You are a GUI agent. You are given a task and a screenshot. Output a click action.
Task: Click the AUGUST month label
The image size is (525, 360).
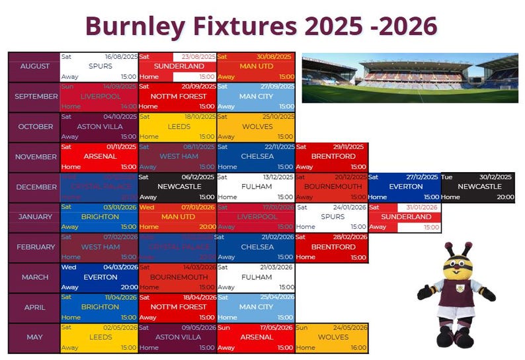click(x=34, y=66)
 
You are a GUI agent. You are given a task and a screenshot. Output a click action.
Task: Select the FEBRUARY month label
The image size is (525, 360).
click(x=34, y=247)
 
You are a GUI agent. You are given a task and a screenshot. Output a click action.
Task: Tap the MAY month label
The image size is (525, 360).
click(x=34, y=337)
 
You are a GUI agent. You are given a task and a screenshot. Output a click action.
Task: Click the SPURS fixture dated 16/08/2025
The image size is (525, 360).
click(x=99, y=66)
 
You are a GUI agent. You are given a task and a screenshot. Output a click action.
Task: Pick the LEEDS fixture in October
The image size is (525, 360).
click(x=178, y=126)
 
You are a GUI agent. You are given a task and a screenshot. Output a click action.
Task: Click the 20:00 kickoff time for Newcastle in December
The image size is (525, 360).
click(x=505, y=197)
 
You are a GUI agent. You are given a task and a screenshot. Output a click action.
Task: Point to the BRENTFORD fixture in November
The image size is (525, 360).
click(x=332, y=156)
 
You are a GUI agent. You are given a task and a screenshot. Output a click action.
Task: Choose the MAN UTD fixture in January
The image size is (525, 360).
click(x=178, y=216)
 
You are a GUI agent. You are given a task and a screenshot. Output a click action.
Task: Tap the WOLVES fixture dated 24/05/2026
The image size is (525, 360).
click(x=332, y=337)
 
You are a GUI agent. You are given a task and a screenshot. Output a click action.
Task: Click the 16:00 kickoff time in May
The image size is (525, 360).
click(x=358, y=347)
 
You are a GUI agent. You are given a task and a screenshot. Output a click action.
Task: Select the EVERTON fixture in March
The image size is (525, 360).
click(x=99, y=277)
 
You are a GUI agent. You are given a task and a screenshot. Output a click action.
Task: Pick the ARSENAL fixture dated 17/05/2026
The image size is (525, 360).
click(x=256, y=337)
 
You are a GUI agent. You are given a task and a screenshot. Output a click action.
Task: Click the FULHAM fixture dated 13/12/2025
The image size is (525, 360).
click(x=256, y=187)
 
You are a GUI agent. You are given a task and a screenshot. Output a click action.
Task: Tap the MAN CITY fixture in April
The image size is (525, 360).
click(x=256, y=307)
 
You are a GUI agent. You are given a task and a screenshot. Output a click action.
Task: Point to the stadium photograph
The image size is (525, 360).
click(x=410, y=78)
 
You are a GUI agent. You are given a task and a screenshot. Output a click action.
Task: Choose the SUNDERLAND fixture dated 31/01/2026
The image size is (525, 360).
click(x=405, y=216)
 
